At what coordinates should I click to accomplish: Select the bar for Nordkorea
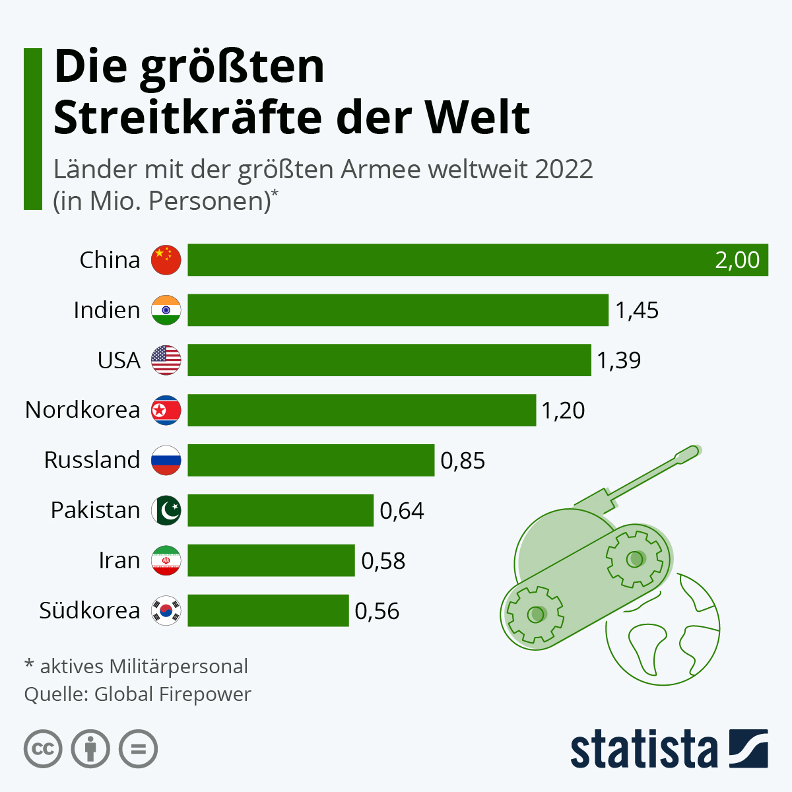pos(362,410)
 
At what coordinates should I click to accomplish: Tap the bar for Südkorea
pos(268,610)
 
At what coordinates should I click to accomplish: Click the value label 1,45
pos(637,310)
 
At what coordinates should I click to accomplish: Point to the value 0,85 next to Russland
pos(463,460)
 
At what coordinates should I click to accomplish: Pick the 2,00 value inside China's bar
pos(737,260)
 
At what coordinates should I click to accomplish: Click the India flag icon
pos(166,310)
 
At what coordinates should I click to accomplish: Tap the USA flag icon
pos(166,360)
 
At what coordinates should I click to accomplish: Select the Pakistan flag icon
pos(166,510)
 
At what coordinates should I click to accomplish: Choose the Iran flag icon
pos(166,560)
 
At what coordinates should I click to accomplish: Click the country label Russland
pos(92,460)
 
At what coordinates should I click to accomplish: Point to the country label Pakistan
pos(95,510)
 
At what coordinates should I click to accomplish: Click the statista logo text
pos(643,750)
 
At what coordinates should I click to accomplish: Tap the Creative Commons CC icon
pos(43,750)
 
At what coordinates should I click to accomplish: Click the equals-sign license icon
pos(139,750)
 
